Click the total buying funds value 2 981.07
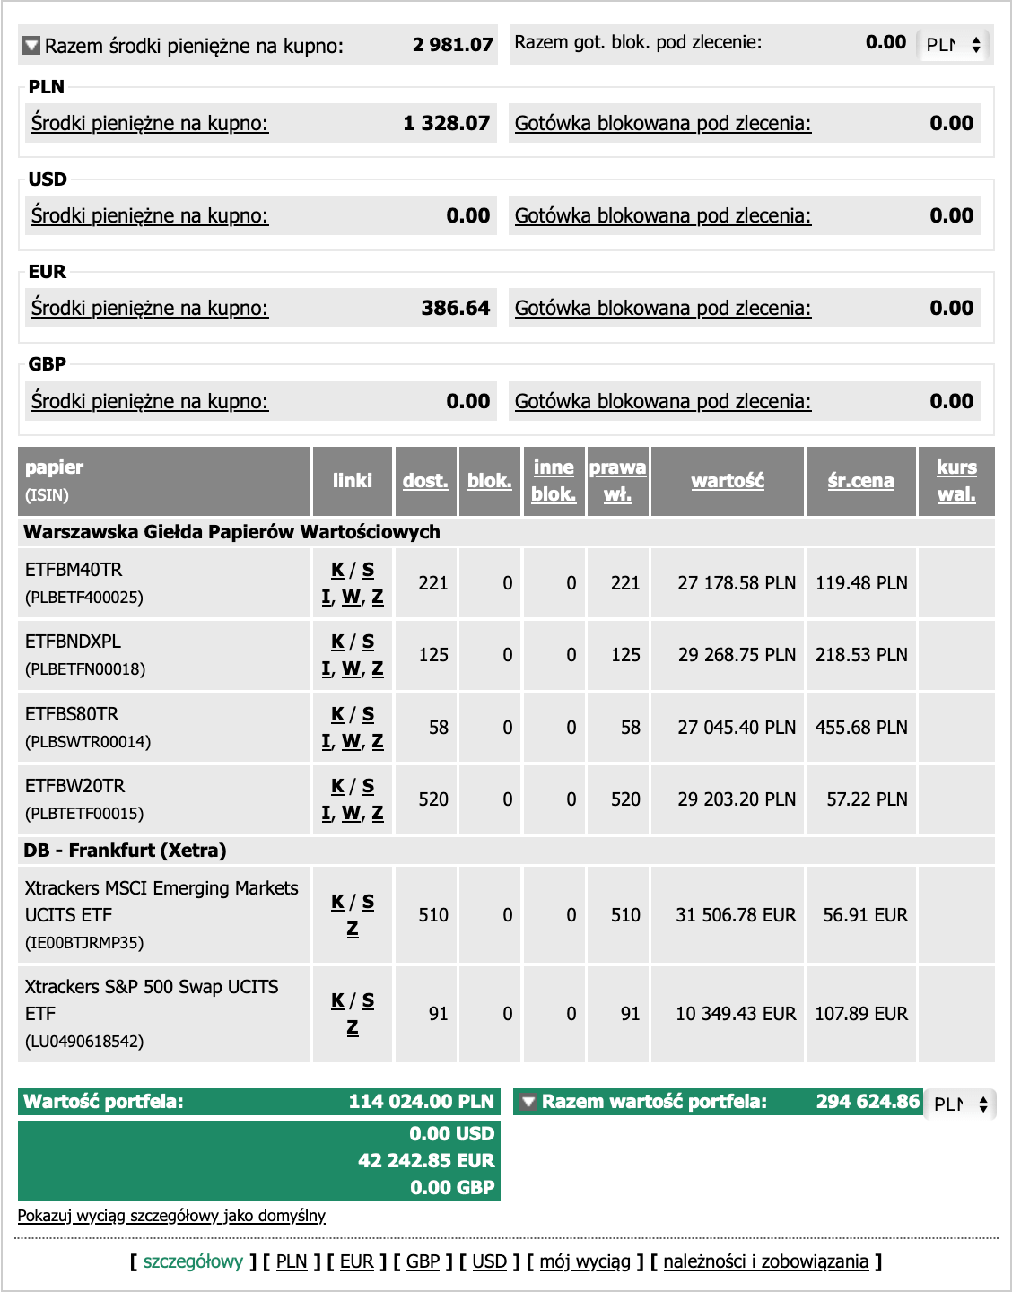coord(452,45)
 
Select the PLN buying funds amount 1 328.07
coord(446,123)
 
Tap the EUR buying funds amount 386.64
coord(455,308)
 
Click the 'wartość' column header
coord(728,481)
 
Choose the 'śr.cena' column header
coord(860,481)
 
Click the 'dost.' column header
coord(424,481)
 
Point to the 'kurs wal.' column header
coord(956,481)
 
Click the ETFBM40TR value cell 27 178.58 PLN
coord(736,583)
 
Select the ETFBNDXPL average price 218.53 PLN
coord(860,655)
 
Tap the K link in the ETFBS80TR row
coord(337,714)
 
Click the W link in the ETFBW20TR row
coord(352,813)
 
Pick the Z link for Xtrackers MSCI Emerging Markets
coord(353,929)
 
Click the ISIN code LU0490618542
coord(84,1042)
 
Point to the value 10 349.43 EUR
coord(736,1014)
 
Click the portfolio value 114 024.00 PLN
coord(421,1102)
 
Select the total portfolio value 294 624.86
coord(868,1102)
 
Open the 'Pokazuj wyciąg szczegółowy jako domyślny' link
coord(171,1216)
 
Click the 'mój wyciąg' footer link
coord(585,1261)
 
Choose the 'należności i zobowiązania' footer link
coord(765,1261)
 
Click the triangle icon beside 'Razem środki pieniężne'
coord(31,45)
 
